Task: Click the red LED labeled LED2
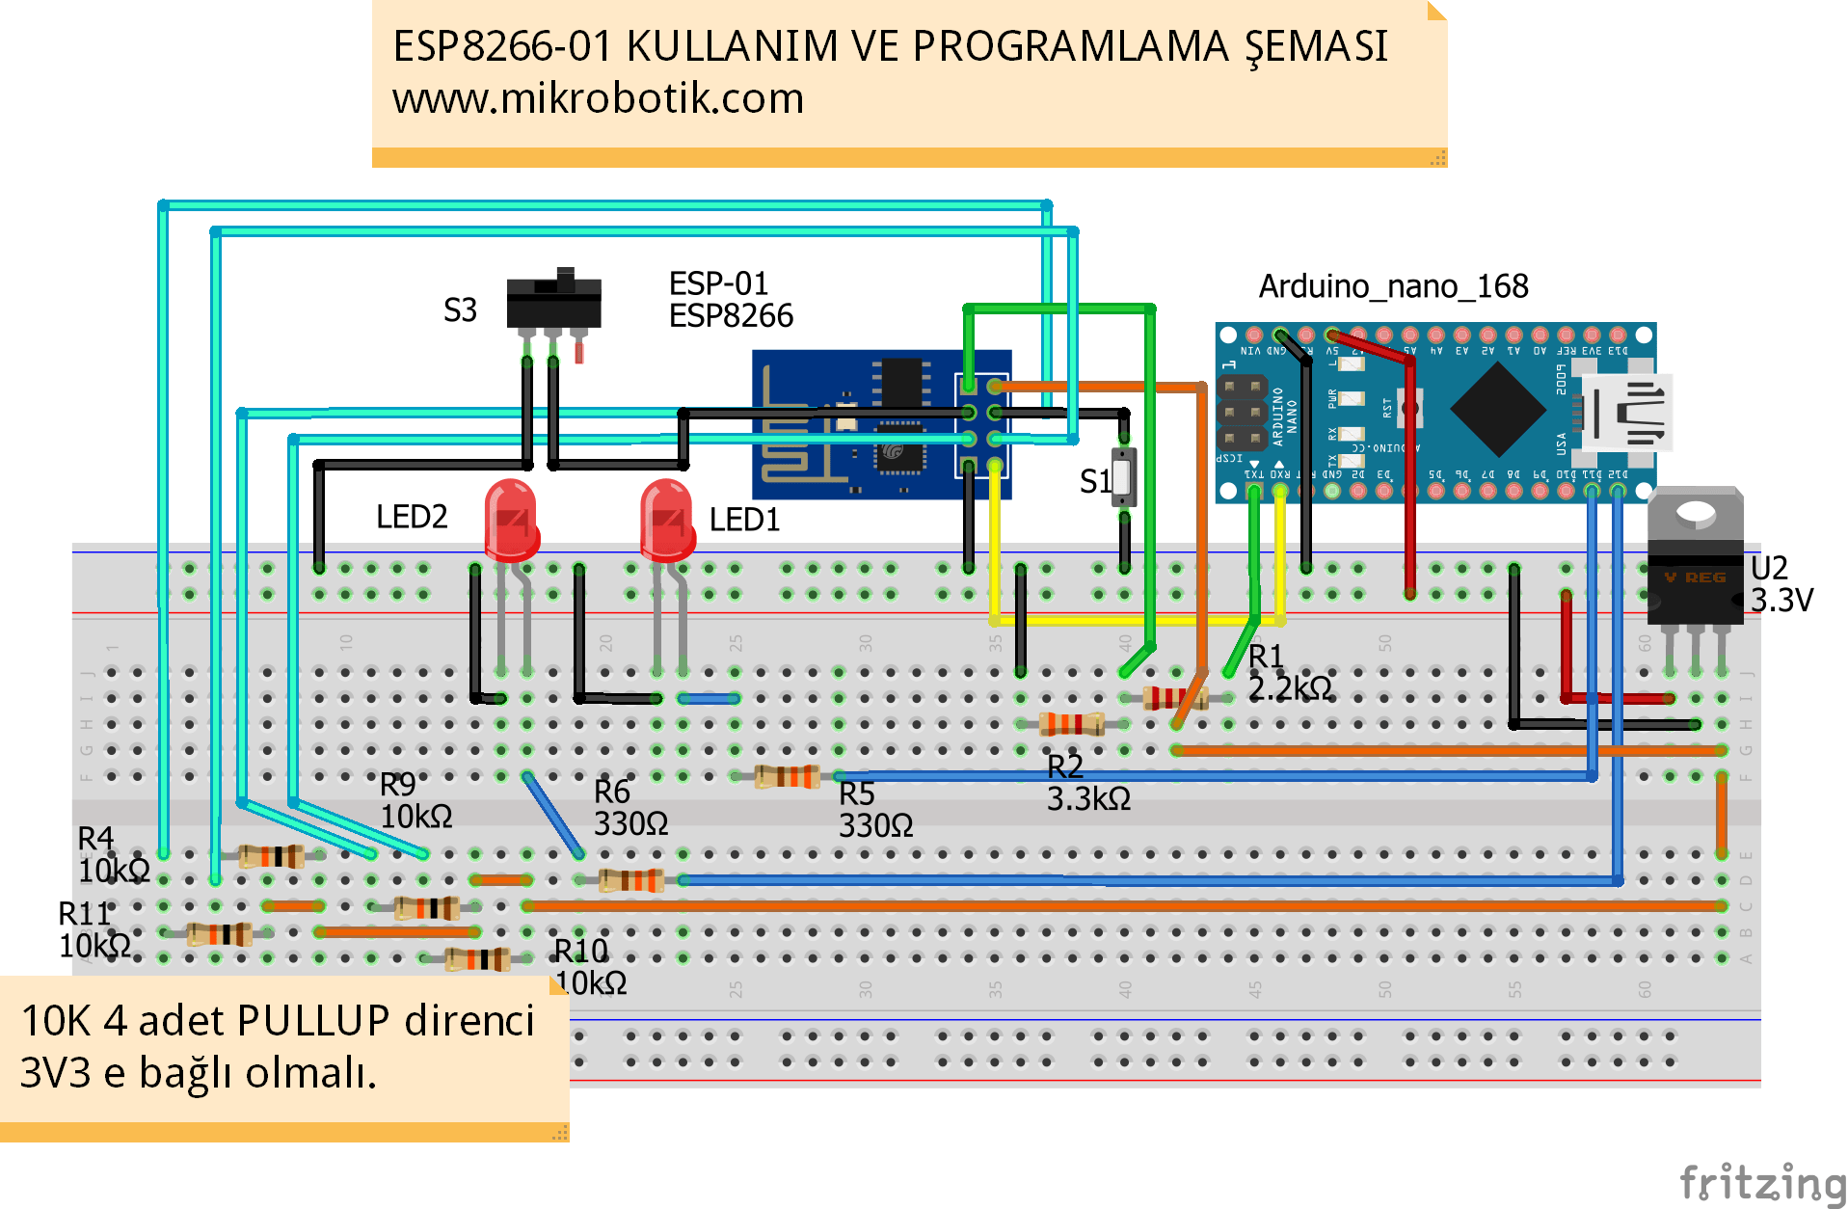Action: (x=511, y=522)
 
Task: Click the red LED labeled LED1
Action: (x=667, y=522)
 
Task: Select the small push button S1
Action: (x=1123, y=476)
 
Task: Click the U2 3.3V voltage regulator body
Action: (x=1695, y=578)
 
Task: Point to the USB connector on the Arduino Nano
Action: (x=1629, y=413)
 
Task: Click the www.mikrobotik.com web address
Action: (x=598, y=98)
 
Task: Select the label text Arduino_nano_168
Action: (x=1393, y=286)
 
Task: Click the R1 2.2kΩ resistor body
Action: (x=1173, y=697)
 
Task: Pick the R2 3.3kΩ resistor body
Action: (x=1071, y=723)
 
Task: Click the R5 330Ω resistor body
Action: (x=787, y=775)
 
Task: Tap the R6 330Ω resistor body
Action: (x=630, y=879)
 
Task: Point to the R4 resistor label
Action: (x=95, y=839)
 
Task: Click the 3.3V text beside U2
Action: (x=1781, y=601)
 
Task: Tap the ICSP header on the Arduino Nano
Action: (x=1241, y=413)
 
